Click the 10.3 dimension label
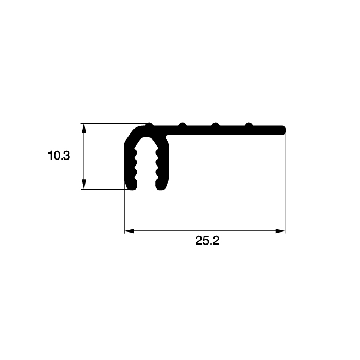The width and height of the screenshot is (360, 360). click(59, 156)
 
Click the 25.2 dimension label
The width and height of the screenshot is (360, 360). click(208, 241)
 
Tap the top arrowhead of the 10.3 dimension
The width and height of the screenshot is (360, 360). click(84, 129)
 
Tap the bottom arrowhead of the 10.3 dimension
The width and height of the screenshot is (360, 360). click(84, 184)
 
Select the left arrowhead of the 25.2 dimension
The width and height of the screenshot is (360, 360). click(129, 231)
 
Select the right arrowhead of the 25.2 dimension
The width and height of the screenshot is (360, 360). click(280, 231)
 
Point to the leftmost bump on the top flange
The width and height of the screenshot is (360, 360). click(149, 125)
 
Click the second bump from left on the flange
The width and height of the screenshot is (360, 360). click(182, 125)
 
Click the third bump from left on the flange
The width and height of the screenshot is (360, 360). click(215, 125)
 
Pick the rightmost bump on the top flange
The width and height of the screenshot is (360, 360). click(249, 125)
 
